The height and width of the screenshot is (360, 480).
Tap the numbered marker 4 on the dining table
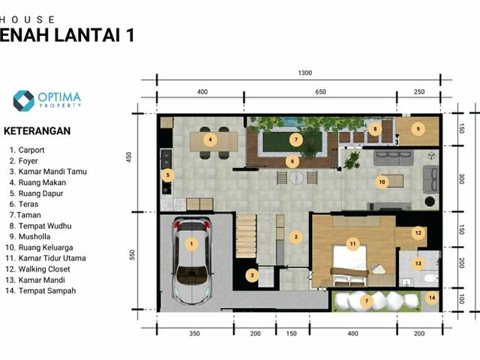(210, 140)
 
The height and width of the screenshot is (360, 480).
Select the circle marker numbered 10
(382, 182)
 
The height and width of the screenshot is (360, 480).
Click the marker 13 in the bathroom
(418, 263)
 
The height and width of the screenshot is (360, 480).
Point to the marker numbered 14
(432, 298)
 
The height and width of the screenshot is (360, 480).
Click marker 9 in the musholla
(418, 129)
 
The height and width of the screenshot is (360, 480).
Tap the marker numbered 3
(252, 275)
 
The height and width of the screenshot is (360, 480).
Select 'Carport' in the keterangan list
(31, 150)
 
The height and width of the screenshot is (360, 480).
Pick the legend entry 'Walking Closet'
(44, 269)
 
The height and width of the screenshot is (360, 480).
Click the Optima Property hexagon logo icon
(23, 100)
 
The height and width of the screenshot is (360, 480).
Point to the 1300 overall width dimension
(305, 73)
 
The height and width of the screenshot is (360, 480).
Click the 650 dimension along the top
(320, 91)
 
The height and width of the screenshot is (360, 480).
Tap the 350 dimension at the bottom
(194, 333)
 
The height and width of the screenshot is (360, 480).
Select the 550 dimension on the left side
(132, 255)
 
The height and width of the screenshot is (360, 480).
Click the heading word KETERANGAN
(37, 131)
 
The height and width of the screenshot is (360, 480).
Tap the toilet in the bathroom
(431, 279)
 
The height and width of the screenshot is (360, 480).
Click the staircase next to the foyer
(246, 236)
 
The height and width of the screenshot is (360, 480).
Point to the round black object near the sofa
(430, 202)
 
